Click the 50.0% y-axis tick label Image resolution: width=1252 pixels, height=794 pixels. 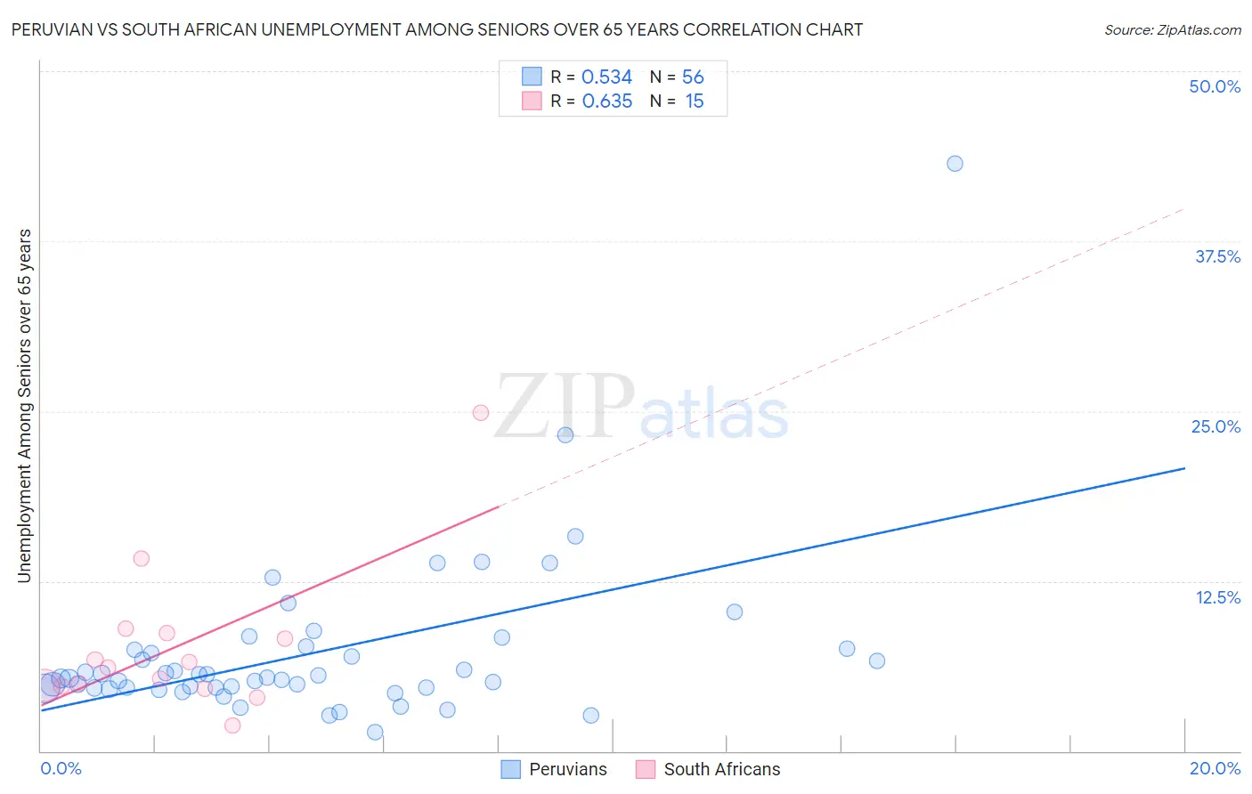1215,86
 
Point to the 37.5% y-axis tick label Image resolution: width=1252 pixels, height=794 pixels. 1217,256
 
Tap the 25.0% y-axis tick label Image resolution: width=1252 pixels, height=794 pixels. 1215,426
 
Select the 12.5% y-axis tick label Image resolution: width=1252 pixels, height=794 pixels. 1217,597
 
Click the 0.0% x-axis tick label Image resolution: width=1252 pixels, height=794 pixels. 61,768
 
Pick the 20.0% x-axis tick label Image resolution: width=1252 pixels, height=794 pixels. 1215,768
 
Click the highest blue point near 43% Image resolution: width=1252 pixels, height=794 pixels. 955,164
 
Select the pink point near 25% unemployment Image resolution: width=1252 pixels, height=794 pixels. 481,412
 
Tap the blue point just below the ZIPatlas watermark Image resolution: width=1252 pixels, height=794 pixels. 565,435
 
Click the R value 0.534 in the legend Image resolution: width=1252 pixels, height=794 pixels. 606,77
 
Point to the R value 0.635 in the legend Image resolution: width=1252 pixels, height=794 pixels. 606,101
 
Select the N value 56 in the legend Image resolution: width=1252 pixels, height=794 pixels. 693,77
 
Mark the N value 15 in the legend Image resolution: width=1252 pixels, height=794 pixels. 695,101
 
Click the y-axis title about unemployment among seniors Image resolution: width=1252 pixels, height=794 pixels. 24,406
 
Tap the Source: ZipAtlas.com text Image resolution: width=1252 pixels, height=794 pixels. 1172,30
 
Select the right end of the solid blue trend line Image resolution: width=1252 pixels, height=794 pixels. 1183,468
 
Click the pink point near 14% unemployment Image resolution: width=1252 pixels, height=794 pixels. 141,559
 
